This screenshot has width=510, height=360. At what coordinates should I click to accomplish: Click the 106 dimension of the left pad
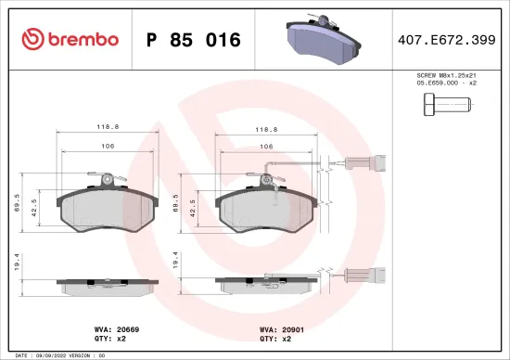pyautogui.click(x=108, y=147)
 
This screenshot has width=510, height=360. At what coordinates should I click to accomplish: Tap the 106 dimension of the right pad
pyautogui.click(x=265, y=147)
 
